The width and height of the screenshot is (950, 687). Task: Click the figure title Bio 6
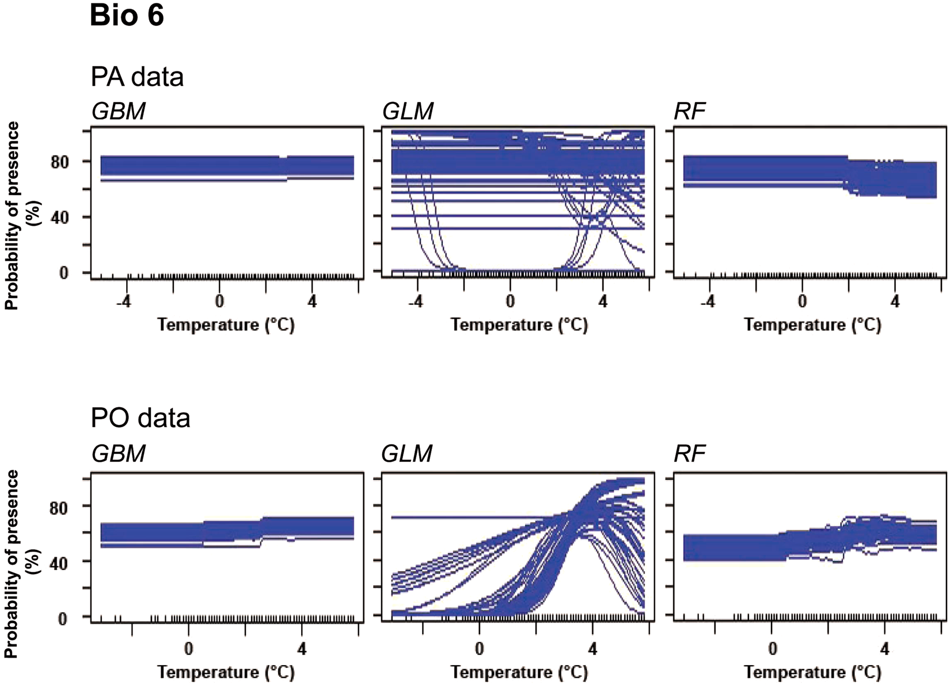coord(127,16)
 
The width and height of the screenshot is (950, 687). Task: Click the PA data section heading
coord(137,77)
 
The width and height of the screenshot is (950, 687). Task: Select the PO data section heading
coord(140,417)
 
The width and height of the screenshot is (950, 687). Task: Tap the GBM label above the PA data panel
coord(119,111)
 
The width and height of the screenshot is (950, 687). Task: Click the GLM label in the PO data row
coord(407,454)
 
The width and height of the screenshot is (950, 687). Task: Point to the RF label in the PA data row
coord(690,111)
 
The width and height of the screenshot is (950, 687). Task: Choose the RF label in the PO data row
coord(690,454)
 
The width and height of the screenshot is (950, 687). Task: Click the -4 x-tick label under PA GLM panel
coord(415,301)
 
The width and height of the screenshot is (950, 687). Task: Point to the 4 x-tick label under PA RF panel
coord(895,301)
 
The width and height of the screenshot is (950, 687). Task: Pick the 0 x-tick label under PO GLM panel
coord(479,649)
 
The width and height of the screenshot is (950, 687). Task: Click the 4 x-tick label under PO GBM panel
coord(302,649)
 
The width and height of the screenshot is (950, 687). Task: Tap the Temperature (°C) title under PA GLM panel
coord(519,325)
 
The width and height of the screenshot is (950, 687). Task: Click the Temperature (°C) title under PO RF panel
coord(812,672)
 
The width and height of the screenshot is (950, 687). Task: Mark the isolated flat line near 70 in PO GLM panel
coord(461,517)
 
